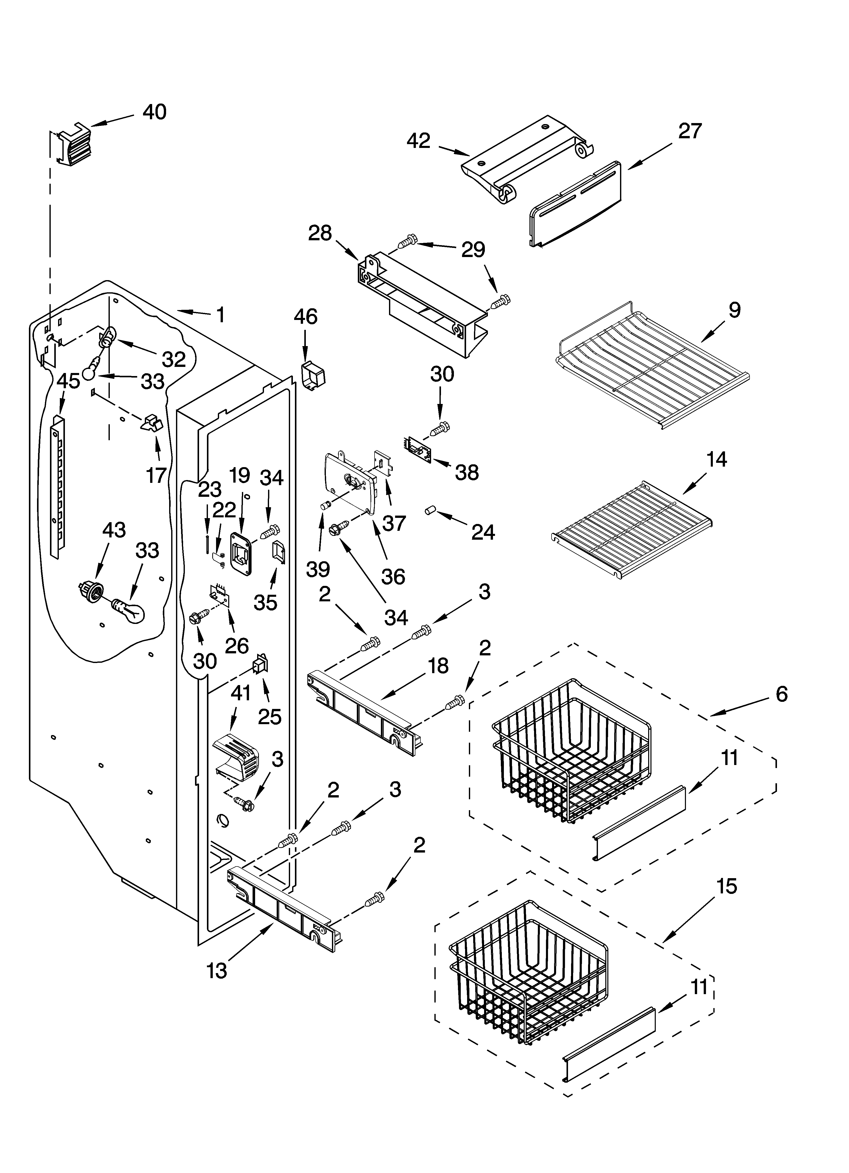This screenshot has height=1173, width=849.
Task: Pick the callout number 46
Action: tap(306, 316)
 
